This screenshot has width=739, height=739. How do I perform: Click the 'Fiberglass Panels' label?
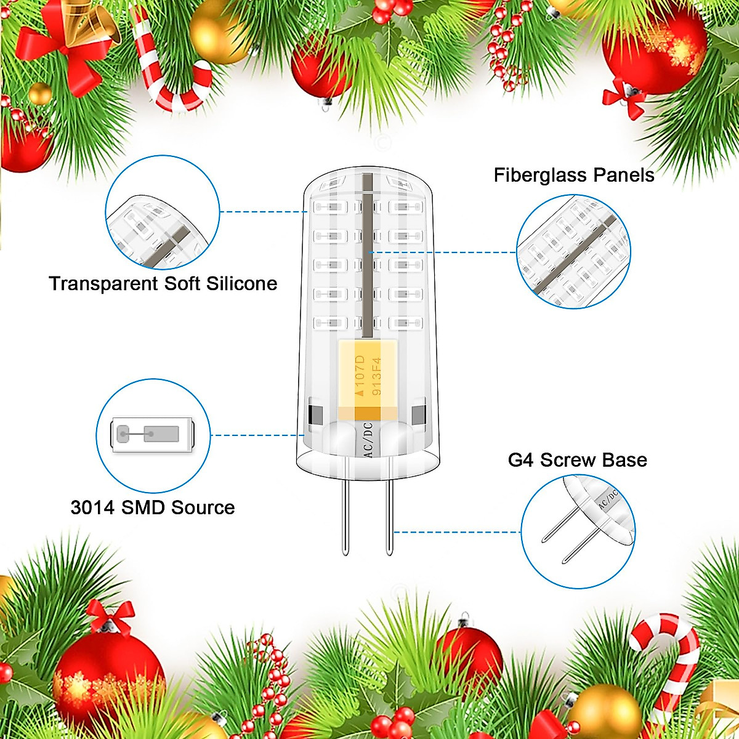pyautogui.click(x=573, y=176)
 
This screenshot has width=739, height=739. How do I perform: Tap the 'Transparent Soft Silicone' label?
pyautogui.click(x=163, y=284)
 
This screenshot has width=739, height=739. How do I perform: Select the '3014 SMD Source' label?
pyautogui.click(x=153, y=508)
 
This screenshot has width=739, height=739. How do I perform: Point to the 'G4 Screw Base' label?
pyautogui.click(x=577, y=460)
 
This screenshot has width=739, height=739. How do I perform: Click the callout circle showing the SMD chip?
pyautogui.click(x=153, y=435)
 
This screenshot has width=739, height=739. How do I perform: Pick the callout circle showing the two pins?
pyautogui.click(x=578, y=531)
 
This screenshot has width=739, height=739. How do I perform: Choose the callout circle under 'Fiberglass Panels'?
pyautogui.click(x=573, y=252)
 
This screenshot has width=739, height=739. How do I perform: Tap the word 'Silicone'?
pyautogui.click(x=241, y=284)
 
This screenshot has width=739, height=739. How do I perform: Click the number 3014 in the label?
pyautogui.click(x=92, y=508)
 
